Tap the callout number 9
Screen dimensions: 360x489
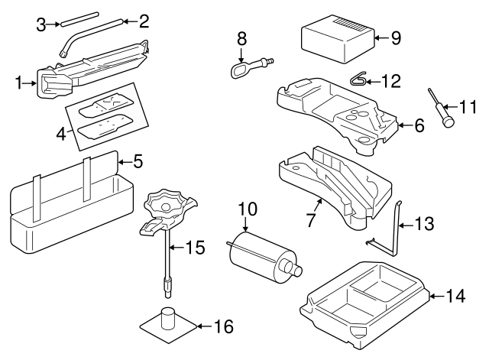pos(395,37)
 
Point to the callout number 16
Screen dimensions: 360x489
pos(222,326)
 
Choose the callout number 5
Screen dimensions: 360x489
pos(138,161)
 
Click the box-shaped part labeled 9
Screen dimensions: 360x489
pos(337,42)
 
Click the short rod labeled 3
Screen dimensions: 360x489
pos(82,18)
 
